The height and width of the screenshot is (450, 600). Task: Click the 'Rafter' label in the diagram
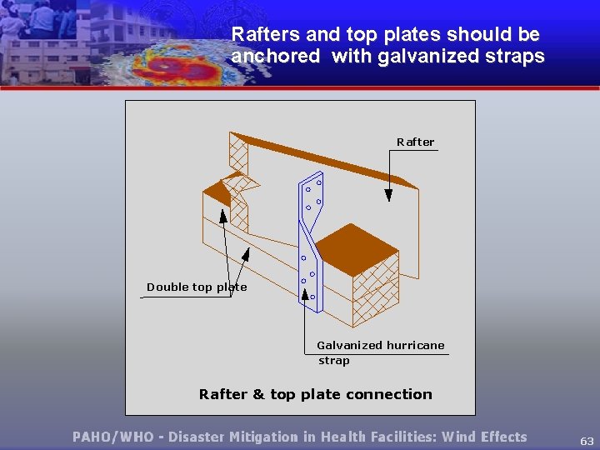point(415,142)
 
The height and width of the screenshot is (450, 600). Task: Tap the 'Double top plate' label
point(197,287)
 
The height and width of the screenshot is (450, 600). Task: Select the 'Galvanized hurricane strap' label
point(380,352)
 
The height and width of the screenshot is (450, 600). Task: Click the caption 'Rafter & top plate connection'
point(315,394)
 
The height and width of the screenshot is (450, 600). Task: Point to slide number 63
point(587,440)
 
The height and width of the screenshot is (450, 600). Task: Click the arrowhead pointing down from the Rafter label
point(388,195)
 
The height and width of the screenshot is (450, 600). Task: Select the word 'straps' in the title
point(517,57)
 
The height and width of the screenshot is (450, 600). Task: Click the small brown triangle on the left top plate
point(217,194)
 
